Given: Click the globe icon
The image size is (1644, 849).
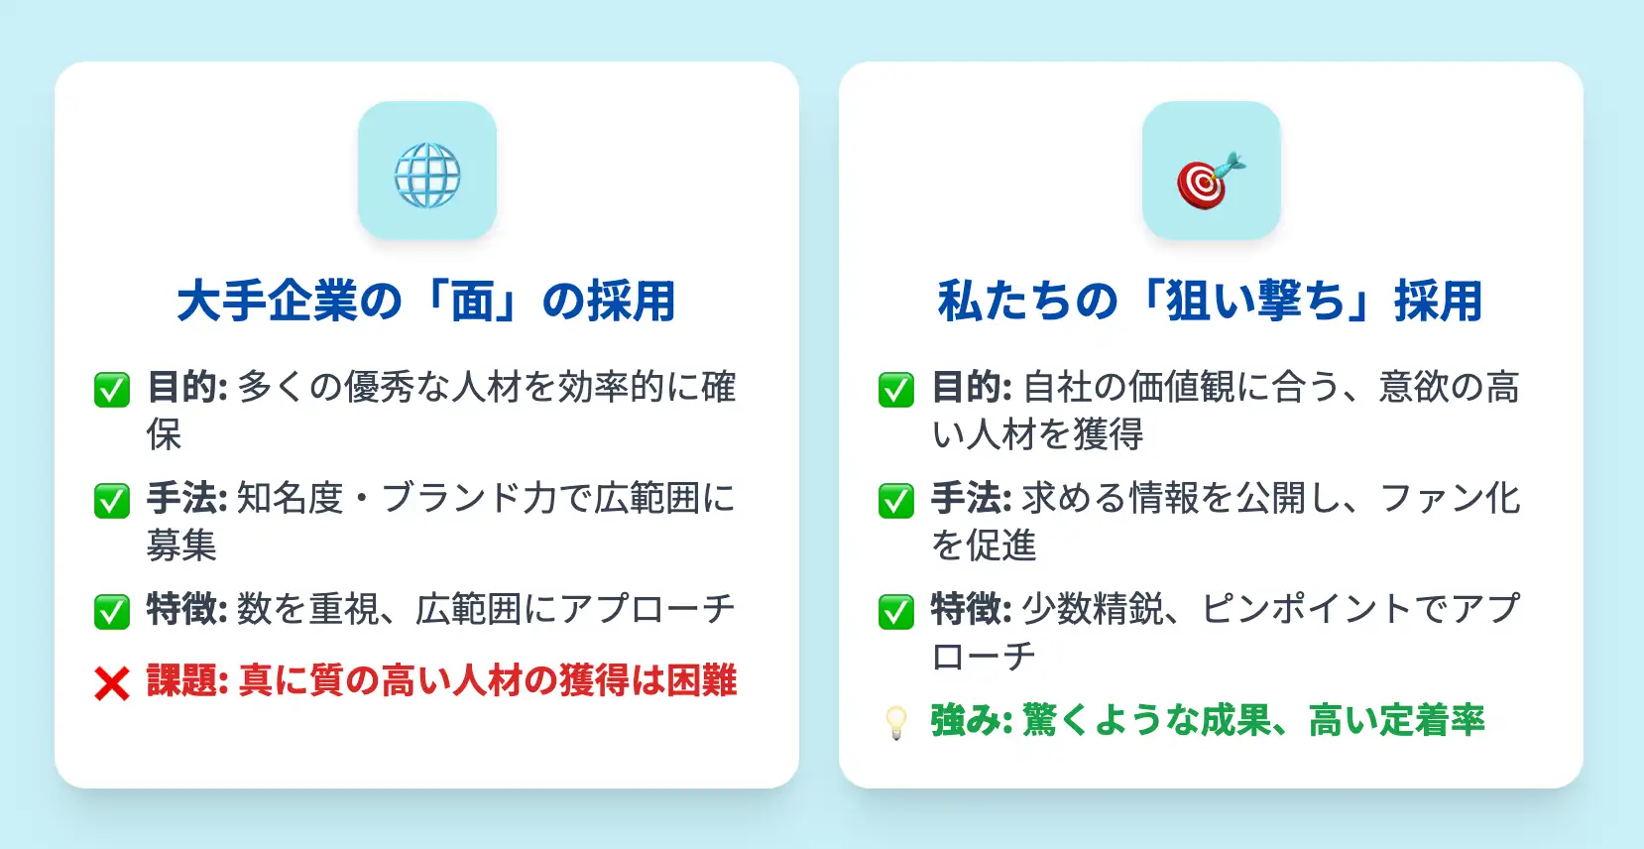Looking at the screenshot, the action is coord(427,176).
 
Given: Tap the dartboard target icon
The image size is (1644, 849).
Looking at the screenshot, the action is coord(1211,180).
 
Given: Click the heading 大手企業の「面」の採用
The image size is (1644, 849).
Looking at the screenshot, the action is coord(426,302).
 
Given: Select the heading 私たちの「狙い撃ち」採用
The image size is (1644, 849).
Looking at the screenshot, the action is coord(1211,302).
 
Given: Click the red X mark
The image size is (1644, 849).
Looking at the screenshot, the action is coord(112,683).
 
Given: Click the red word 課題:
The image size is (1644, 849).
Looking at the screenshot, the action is coord(187,680).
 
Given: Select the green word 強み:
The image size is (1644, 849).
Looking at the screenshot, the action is coord(972,720).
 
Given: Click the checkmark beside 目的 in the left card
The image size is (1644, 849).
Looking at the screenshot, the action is coord(112,389).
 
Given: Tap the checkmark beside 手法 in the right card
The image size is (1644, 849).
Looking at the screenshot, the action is coord(896,501).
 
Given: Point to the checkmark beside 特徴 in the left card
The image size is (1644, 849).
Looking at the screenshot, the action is coord(112,612).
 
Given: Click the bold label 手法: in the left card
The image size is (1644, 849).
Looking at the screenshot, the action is coord(187,498).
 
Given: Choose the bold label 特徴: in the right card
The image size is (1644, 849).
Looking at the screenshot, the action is coord(972,609).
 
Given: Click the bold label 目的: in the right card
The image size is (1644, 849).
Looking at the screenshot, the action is coord(972,387).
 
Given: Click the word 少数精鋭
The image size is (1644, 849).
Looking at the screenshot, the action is coord(1093,609).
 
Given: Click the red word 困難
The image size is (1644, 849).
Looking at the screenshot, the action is coord(702,680).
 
